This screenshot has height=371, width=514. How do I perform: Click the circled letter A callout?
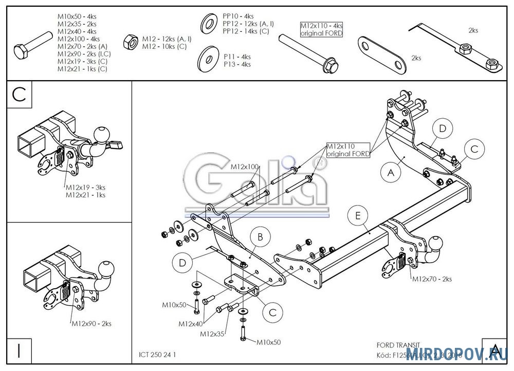(391, 173)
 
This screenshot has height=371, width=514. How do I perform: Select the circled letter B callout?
(260, 237)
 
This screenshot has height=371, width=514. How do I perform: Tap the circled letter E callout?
(358, 216)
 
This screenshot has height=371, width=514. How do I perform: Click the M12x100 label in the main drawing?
(244, 166)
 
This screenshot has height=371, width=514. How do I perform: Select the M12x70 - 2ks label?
(431, 279)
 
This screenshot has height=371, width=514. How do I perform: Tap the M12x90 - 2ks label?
(91, 323)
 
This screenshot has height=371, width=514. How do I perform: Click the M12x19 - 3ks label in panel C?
(86, 188)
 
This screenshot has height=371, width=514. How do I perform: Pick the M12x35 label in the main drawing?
(212, 334)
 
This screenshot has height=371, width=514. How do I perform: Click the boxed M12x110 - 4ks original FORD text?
(321, 29)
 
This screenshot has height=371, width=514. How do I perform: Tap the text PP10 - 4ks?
(237, 16)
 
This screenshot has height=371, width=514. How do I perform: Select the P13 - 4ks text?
(237, 64)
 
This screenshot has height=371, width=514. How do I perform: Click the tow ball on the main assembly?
(436, 244)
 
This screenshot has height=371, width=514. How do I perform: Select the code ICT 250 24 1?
(160, 354)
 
